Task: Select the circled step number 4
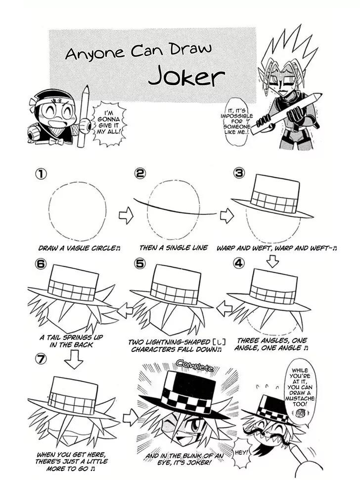[239, 263]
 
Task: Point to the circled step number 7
[41, 359]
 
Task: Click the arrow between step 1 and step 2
[126, 216]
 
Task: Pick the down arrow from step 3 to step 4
[272, 261]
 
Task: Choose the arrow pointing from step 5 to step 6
[125, 311]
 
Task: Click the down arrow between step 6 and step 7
[73, 359]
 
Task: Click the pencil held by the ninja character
[83, 117]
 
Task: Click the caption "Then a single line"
[174, 247]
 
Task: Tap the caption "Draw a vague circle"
[79, 248]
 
